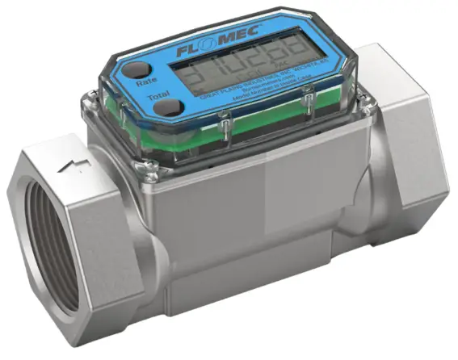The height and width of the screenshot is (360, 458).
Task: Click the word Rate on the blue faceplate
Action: click(146, 82)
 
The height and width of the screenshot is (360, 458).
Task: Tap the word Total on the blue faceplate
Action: click(158, 97)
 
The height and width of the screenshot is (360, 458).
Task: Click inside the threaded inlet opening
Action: click(48, 242)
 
